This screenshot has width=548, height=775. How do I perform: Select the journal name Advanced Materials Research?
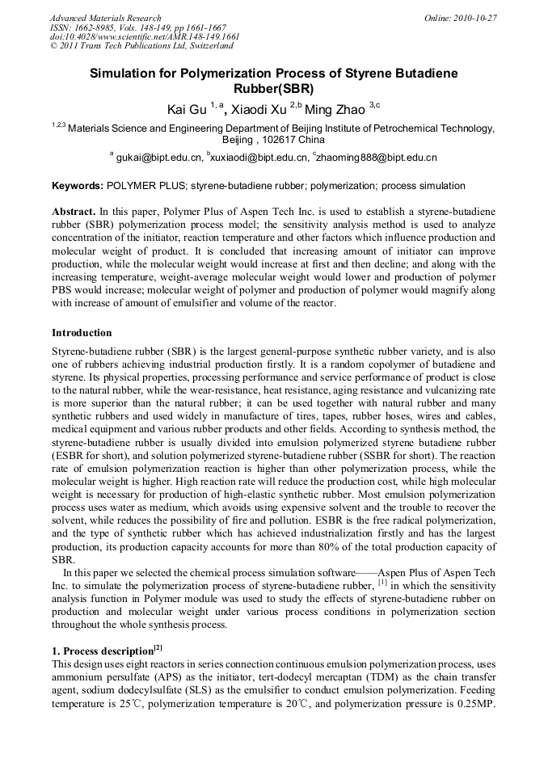click(x=105, y=18)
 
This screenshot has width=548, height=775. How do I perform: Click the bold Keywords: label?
click(x=78, y=186)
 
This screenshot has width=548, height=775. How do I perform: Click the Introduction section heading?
click(x=82, y=333)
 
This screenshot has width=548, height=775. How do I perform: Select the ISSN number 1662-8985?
click(x=95, y=27)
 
